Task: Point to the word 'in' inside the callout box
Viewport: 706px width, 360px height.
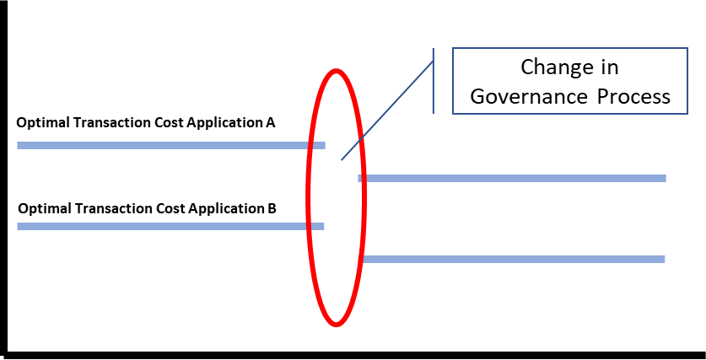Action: pos(609,67)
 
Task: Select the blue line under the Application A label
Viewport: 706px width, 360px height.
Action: pos(169,146)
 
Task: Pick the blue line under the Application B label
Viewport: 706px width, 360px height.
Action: pos(169,226)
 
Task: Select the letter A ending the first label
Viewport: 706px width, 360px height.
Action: pos(271,122)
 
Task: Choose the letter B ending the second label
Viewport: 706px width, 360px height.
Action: pos(272,207)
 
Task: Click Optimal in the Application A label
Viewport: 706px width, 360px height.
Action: pos(39,123)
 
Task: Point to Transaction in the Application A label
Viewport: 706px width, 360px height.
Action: pos(99,123)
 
